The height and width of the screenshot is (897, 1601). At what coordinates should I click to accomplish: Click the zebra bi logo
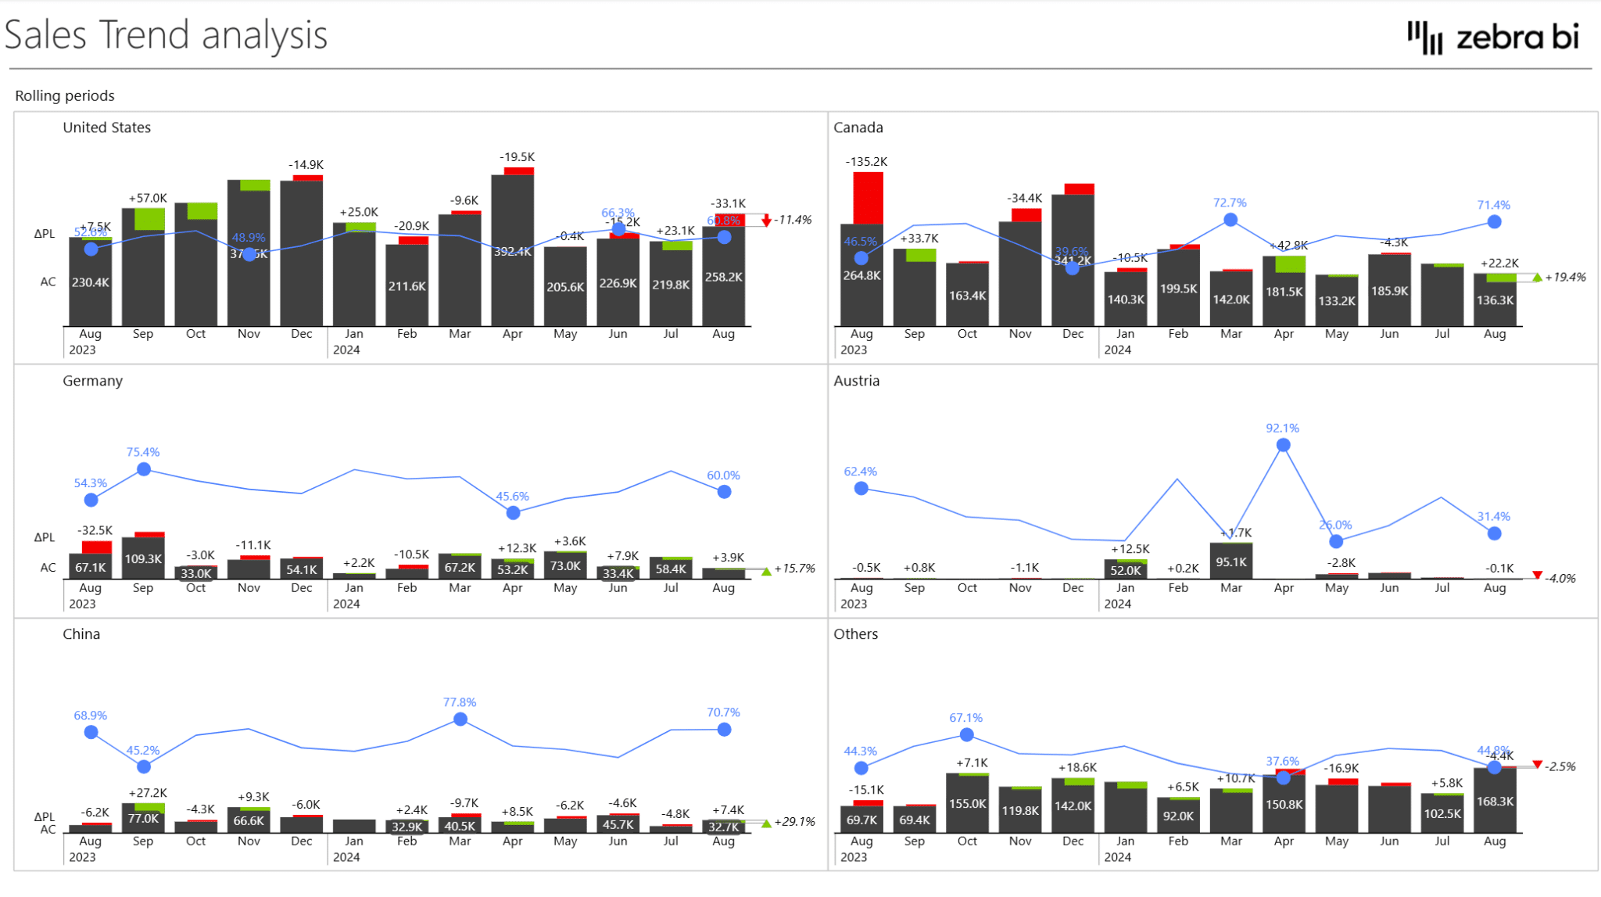click(1492, 37)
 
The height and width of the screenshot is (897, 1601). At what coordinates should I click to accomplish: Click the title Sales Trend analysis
click(166, 35)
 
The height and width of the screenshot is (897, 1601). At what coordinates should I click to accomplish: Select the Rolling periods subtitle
click(65, 95)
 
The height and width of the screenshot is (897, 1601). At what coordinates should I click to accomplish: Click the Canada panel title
click(858, 127)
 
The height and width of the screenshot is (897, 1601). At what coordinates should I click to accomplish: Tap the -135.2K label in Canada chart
click(866, 162)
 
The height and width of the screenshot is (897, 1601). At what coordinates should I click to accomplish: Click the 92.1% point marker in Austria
click(1283, 445)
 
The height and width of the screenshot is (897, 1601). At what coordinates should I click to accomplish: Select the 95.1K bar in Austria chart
click(1231, 561)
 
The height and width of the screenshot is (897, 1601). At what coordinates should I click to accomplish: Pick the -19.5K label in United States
click(517, 157)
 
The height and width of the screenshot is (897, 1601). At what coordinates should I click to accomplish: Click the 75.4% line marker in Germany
click(144, 469)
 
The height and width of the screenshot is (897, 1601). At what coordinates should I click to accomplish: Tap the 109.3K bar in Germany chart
click(143, 558)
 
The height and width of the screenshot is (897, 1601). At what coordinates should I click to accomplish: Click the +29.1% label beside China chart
click(793, 822)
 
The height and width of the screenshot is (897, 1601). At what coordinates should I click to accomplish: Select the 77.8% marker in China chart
click(460, 719)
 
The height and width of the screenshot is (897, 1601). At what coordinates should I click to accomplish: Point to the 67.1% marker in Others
click(966, 735)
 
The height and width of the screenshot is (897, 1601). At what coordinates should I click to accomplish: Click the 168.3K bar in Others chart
click(1495, 802)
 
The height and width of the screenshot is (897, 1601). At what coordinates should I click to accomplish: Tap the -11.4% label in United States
click(792, 220)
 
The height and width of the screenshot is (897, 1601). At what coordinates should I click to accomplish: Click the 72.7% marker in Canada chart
click(1230, 220)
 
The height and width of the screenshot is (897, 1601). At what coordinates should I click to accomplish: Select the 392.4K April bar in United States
click(513, 250)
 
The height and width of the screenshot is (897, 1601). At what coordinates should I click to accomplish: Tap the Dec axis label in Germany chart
click(301, 587)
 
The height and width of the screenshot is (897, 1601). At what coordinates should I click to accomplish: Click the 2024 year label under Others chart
click(1117, 857)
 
